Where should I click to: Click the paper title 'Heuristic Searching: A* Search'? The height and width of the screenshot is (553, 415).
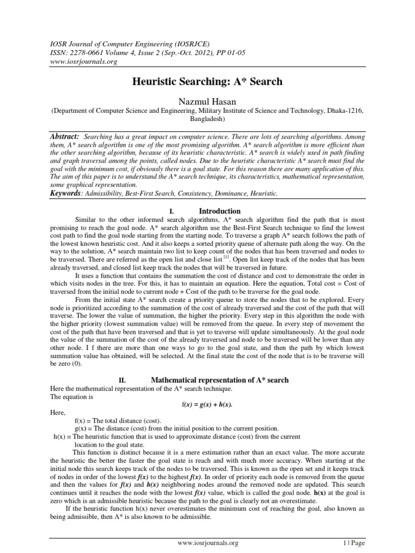[x=207, y=82]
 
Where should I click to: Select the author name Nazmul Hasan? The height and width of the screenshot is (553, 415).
[x=207, y=100]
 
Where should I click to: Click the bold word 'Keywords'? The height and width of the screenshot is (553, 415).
[x=65, y=193]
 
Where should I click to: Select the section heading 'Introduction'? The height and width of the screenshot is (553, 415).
[x=220, y=211]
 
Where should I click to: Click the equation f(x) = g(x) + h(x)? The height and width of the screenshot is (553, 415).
[x=207, y=404]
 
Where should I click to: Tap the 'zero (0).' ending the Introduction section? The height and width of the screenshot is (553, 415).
[x=61, y=365]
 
